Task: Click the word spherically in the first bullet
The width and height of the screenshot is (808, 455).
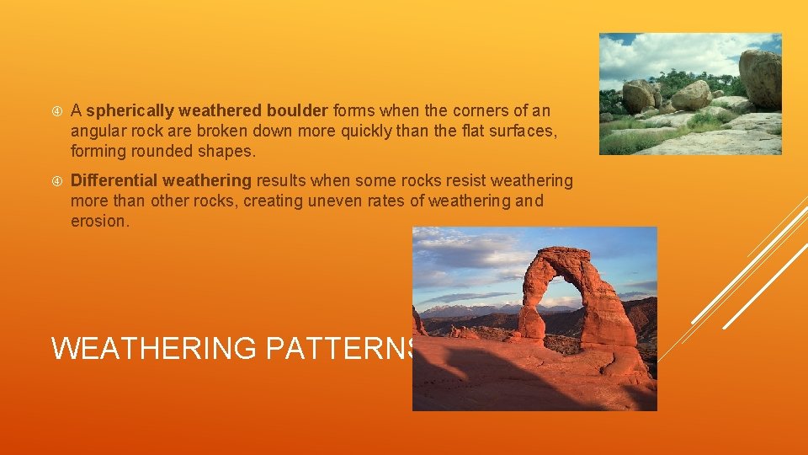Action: pos(130,111)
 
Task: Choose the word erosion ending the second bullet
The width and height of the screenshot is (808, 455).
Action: pos(98,221)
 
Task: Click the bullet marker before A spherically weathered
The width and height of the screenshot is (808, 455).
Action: pos(56,111)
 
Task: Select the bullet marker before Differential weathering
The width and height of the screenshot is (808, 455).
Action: pos(56,181)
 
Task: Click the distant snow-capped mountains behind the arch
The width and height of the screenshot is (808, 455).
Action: pos(454,310)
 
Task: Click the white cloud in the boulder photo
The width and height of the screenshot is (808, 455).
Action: pos(665,56)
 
